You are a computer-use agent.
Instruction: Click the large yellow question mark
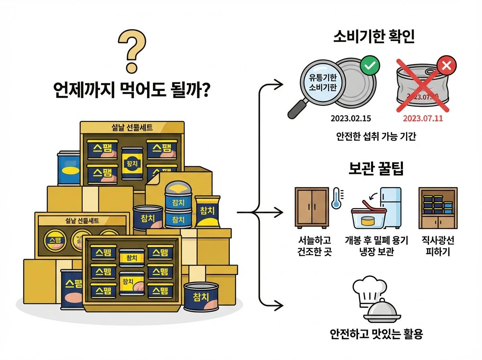[132, 51]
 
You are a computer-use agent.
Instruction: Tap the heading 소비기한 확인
[374, 37]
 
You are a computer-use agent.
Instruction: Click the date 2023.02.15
[351, 119]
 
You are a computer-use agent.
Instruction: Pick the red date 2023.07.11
[423, 119]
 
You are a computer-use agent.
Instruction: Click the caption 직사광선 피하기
[438, 246]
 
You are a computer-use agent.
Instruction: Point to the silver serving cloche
[380, 313]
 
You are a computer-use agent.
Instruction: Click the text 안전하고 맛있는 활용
[376, 334]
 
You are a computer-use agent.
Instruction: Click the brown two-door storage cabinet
[311, 208]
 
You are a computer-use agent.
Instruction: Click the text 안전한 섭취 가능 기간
[376, 137]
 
